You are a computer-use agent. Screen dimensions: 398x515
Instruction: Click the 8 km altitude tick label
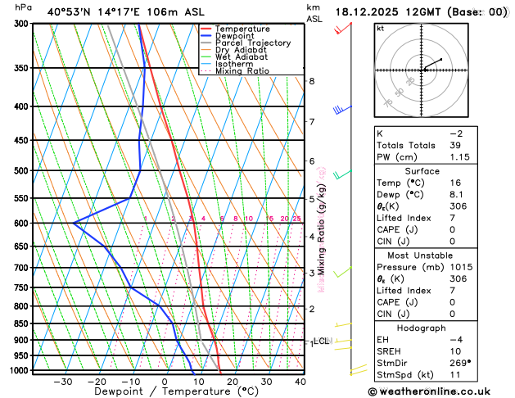click(x=311, y=81)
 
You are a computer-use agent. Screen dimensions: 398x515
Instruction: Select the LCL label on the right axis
click(x=322, y=341)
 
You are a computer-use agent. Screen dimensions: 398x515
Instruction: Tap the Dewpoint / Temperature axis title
click(x=164, y=392)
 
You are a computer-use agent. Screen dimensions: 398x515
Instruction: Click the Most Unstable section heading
click(x=440, y=256)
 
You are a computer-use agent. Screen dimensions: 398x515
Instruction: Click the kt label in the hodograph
click(x=381, y=29)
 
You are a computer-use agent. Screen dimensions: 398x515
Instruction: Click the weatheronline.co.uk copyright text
click(x=439, y=391)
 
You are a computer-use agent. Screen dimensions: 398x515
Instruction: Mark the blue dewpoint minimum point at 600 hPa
click(x=74, y=223)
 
